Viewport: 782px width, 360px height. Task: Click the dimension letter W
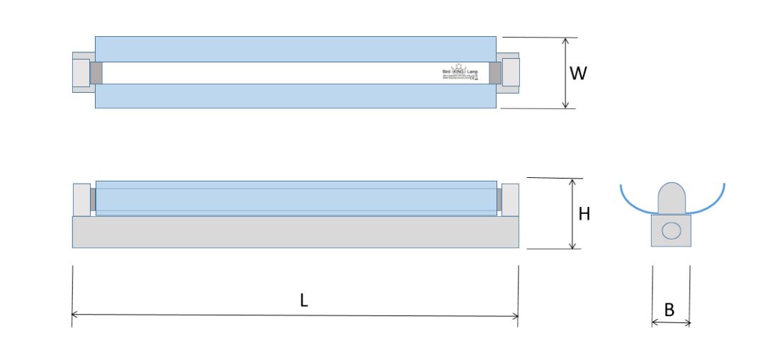click(579, 73)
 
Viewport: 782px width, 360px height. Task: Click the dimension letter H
click(584, 213)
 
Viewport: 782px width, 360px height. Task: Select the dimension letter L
click(303, 300)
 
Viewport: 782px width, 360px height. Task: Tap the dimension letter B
click(669, 309)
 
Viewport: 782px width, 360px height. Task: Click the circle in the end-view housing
click(671, 230)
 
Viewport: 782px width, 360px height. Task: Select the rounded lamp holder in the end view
click(671, 198)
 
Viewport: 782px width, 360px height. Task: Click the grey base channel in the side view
click(295, 232)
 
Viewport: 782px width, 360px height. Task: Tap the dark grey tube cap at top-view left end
click(96, 72)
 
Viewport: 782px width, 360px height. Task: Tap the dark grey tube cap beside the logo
click(495, 72)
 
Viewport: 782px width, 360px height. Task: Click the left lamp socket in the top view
click(81, 72)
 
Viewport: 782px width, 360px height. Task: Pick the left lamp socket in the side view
click(81, 199)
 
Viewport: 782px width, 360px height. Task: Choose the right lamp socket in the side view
click(510, 199)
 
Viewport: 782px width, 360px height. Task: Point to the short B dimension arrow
click(671, 323)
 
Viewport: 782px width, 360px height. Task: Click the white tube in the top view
click(283, 72)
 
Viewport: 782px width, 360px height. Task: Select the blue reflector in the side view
click(295, 198)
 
